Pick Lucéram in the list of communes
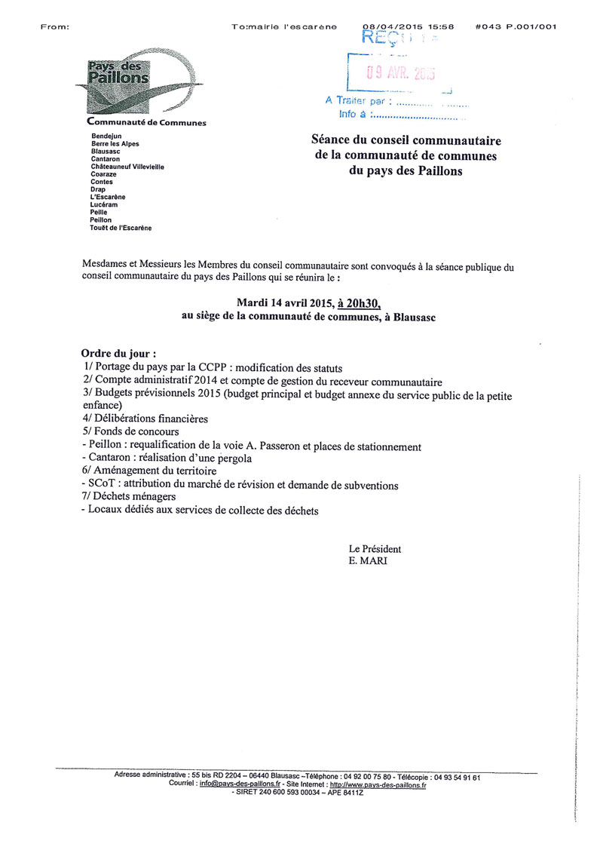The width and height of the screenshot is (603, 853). (104, 204)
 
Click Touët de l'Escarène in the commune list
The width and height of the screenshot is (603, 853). (120, 227)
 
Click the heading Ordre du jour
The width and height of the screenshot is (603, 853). (118, 354)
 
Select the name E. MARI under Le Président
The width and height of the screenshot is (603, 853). (366, 561)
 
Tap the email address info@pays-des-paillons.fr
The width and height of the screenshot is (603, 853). (240, 784)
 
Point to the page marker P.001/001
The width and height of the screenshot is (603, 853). (531, 26)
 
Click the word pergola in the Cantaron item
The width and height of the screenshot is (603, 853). (230, 459)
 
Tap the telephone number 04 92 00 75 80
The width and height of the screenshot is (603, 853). (366, 776)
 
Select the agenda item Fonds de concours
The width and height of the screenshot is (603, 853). (132, 432)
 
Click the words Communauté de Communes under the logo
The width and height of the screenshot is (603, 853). (147, 123)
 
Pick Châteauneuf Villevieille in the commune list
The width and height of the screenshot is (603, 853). (127, 167)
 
